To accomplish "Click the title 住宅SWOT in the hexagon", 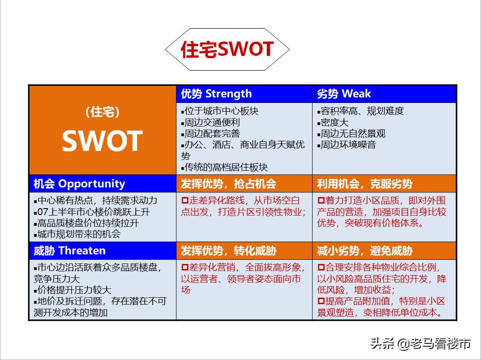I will [227, 49].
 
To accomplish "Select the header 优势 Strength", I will [216, 94].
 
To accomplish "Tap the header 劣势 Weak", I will [343, 94].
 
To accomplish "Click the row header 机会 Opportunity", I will [79, 183].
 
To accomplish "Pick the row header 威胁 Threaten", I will [69, 251].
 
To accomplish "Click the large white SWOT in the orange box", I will [102, 141].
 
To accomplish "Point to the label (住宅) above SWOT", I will [102, 112].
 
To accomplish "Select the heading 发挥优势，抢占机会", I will [228, 184].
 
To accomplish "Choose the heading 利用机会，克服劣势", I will [364, 184].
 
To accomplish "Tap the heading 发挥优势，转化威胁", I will [228, 251].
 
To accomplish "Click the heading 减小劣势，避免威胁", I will [364, 251].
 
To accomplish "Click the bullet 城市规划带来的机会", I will [77, 234].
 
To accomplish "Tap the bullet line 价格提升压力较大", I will [72, 290].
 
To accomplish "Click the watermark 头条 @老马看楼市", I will [421, 343].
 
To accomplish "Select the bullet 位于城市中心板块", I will [219, 111].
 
